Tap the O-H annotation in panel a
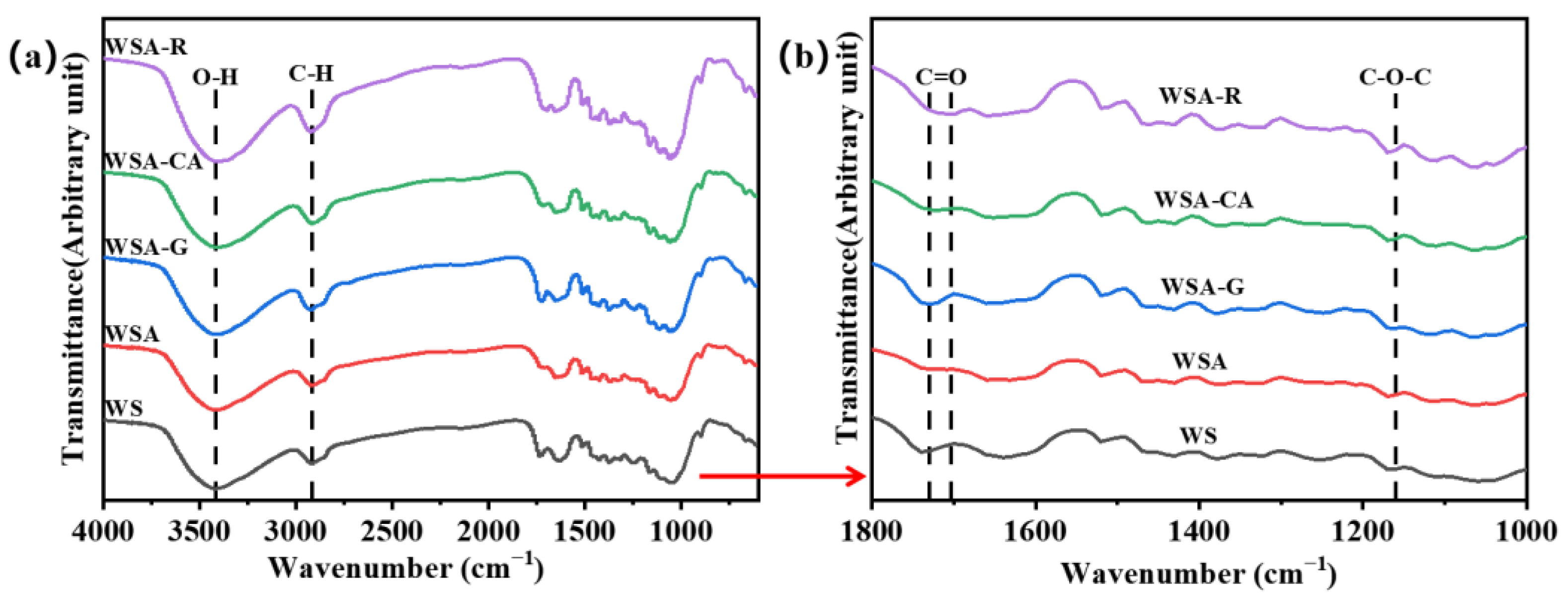pos(215,78)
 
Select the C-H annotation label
pos(311,74)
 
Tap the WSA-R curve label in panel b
pos(1200,96)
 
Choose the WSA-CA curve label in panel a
pos(153,162)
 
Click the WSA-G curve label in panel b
pos(1202,286)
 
